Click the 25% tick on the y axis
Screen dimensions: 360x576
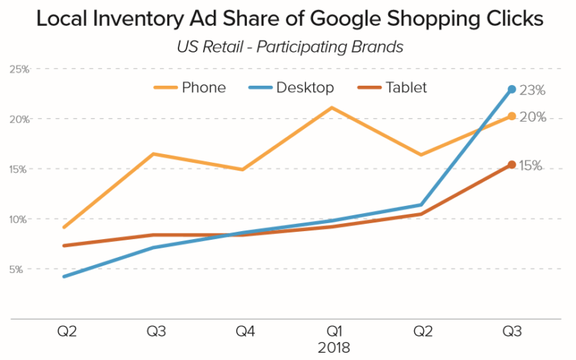pyautogui.click(x=19, y=69)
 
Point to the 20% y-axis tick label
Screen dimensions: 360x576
pyautogui.click(x=19, y=119)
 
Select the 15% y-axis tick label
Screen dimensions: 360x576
pyautogui.click(x=19, y=169)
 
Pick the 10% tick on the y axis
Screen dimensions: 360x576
pyautogui.click(x=19, y=219)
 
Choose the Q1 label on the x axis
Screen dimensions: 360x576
pyautogui.click(x=333, y=332)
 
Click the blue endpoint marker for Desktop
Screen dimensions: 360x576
pyautogui.click(x=512, y=89)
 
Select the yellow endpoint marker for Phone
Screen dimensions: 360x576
pyautogui.click(x=512, y=116)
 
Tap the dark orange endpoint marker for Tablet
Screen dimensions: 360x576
pyautogui.click(x=512, y=165)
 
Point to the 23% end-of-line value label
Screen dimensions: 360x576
pyautogui.click(x=533, y=91)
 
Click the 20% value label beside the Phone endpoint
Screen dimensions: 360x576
pyautogui.click(x=533, y=117)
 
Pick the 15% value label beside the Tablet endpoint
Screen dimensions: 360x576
pyautogui.click(x=531, y=166)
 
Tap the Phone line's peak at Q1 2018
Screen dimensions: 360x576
pyautogui.click(x=332, y=107)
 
